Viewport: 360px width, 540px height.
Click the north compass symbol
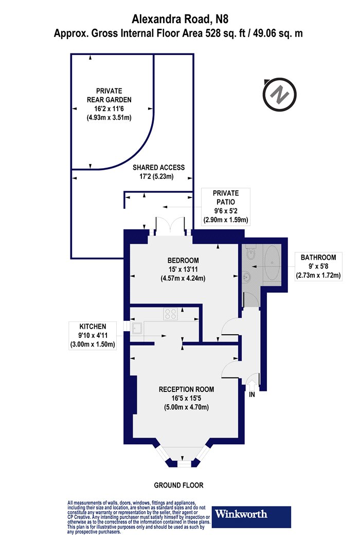(279, 94)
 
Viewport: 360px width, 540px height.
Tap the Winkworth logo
(251, 516)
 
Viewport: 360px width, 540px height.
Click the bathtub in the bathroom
(272, 264)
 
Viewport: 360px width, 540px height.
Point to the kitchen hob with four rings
(171, 314)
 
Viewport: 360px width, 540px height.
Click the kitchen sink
(137, 329)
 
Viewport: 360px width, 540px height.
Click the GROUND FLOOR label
(178, 485)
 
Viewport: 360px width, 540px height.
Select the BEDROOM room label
(183, 260)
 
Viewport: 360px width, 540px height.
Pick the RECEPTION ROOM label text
(186, 389)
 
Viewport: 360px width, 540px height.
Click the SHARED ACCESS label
(158, 168)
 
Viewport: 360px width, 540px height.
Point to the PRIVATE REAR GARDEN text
(109, 95)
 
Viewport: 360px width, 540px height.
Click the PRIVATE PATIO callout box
(226, 207)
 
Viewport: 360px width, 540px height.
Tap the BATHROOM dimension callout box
(318, 266)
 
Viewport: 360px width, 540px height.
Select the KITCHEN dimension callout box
(93, 335)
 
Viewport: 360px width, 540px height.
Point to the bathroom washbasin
(247, 276)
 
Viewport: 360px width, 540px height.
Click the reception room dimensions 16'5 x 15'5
(186, 399)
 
